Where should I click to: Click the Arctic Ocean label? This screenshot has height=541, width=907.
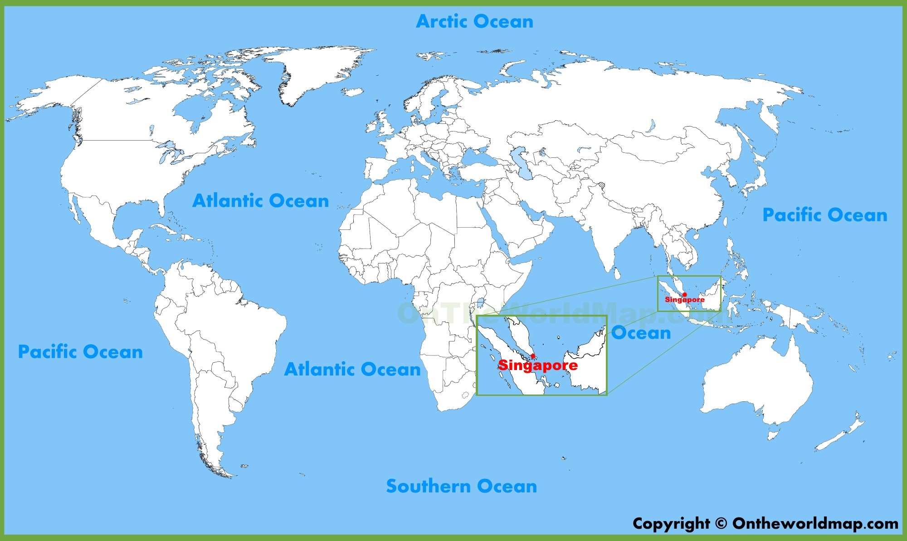[x=474, y=21]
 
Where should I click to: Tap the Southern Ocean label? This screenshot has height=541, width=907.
[x=461, y=486]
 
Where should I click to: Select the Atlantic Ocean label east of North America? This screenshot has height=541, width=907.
[x=260, y=200]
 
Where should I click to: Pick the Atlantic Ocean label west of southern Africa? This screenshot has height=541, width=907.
[x=352, y=369]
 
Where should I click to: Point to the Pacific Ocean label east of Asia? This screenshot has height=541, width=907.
[x=824, y=214]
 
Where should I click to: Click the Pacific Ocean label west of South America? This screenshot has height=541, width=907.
[x=80, y=351]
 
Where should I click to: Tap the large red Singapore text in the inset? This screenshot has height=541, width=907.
[x=538, y=366]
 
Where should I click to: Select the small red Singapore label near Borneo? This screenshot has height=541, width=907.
[x=685, y=300]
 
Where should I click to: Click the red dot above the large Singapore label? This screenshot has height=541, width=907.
[x=533, y=356]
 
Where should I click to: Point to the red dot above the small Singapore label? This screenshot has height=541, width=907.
[x=684, y=295]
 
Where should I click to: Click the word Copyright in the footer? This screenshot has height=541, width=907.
[x=671, y=523]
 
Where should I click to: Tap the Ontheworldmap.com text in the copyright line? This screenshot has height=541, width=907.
[x=815, y=523]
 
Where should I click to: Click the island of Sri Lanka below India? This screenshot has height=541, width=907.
[x=617, y=273]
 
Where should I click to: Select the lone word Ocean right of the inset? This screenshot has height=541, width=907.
[x=641, y=333]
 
